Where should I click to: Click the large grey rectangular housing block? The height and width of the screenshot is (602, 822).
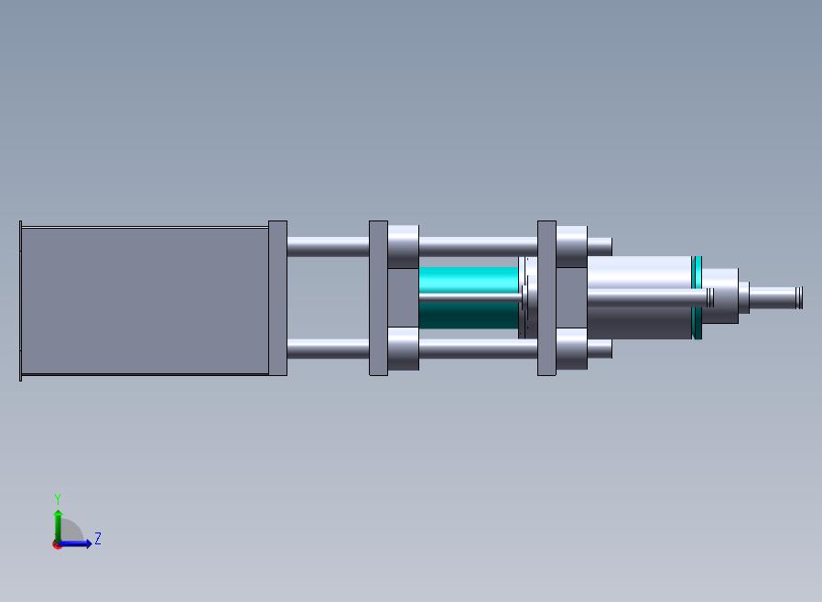click(x=144, y=300)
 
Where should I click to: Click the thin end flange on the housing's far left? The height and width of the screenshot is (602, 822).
click(x=20, y=300)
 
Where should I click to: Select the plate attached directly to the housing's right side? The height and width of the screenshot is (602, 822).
click(x=277, y=298)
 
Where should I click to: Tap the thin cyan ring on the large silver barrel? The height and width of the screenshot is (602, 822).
click(x=697, y=298)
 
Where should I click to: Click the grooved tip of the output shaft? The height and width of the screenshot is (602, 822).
click(x=798, y=297)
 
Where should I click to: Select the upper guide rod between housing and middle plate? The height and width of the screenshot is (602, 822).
click(x=328, y=246)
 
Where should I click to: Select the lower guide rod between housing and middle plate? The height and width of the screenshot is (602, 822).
click(x=328, y=349)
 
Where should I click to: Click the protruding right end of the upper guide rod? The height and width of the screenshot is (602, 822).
click(x=600, y=246)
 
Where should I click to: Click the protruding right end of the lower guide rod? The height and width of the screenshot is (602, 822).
click(x=600, y=349)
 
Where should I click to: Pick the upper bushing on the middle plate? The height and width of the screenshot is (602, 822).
click(x=404, y=246)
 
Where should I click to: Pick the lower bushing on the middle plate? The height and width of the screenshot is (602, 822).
click(x=404, y=349)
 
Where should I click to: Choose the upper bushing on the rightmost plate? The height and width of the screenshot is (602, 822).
click(x=571, y=246)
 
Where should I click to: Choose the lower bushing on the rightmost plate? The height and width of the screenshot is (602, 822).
click(x=571, y=349)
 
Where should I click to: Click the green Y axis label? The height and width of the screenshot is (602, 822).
click(x=58, y=500)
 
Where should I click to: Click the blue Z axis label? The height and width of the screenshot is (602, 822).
click(x=98, y=539)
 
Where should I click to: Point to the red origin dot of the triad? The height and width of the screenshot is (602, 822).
click(x=58, y=544)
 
